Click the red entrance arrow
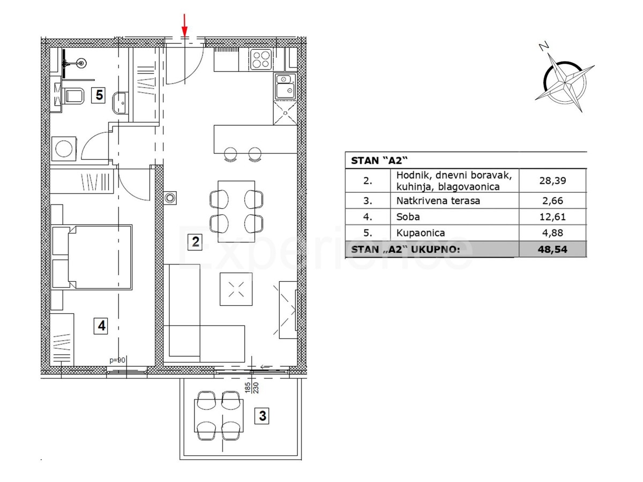click(184, 26)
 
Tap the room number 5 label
click(99, 95)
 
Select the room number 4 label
click(101, 326)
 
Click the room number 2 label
click(195, 242)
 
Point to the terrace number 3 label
click(262, 416)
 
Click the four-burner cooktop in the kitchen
click(261, 59)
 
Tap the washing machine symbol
click(64, 149)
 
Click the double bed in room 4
click(92, 257)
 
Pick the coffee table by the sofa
click(236, 289)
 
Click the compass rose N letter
click(544, 46)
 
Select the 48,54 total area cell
click(552, 250)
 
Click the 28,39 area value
click(552, 180)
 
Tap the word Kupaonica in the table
click(421, 233)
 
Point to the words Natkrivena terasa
click(438, 201)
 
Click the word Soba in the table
click(408, 217)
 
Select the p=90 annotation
click(117, 360)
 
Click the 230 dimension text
click(256, 388)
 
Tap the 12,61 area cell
click(552, 217)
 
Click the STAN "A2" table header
click(379, 161)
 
